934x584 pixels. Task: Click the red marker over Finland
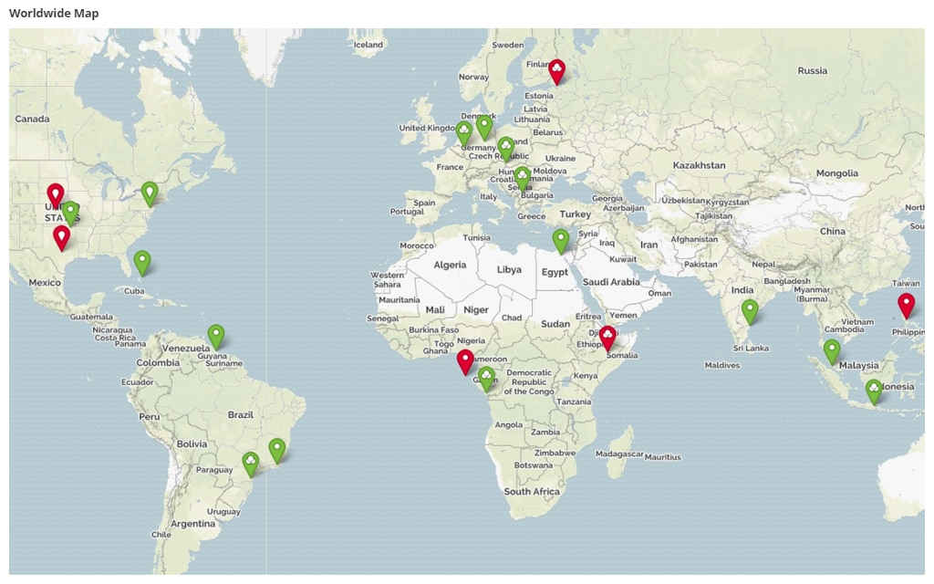[x=556, y=69]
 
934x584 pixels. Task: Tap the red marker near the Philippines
[x=906, y=304]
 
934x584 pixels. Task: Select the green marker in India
[x=750, y=310]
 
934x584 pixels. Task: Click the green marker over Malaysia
[x=831, y=349]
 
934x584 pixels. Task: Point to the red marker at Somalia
[x=607, y=337]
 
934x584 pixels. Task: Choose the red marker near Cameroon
[x=465, y=360]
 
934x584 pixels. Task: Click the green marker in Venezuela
[x=215, y=335]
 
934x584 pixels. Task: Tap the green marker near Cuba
[x=142, y=261]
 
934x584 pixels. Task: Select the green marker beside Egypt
[x=560, y=239]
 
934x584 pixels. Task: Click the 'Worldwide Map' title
[x=54, y=13]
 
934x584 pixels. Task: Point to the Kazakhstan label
[x=699, y=165]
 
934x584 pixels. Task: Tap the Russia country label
[x=812, y=70]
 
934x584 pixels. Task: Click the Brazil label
[x=241, y=414]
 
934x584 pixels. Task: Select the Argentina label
[x=193, y=524]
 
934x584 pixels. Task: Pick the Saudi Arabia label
[x=611, y=282]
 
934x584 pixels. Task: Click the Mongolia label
[x=836, y=172]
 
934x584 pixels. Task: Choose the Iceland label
[x=368, y=44]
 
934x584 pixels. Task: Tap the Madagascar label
[x=620, y=454]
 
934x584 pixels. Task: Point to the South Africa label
[x=533, y=492]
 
